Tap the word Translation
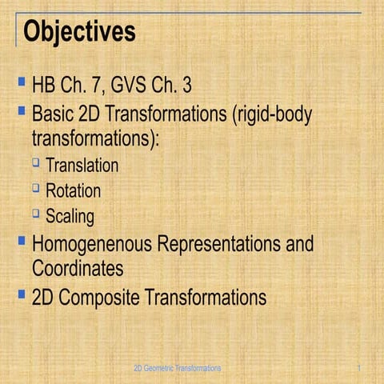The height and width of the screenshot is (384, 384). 82,166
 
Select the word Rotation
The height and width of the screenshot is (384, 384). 73,191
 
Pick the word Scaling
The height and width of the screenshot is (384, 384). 70,216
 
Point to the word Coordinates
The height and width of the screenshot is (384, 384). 78,267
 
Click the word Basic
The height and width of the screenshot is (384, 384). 54,113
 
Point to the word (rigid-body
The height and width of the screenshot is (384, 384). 272,113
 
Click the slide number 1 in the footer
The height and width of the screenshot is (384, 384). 361,367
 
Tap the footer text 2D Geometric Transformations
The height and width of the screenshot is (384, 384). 177,367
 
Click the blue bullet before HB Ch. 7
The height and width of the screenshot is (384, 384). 21,82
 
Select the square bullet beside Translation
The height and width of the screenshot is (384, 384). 36,163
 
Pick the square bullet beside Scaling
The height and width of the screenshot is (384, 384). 36,213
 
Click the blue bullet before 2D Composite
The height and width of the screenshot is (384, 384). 21,294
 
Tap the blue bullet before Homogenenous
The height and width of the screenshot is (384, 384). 21,240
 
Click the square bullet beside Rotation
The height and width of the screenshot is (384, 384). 36,188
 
